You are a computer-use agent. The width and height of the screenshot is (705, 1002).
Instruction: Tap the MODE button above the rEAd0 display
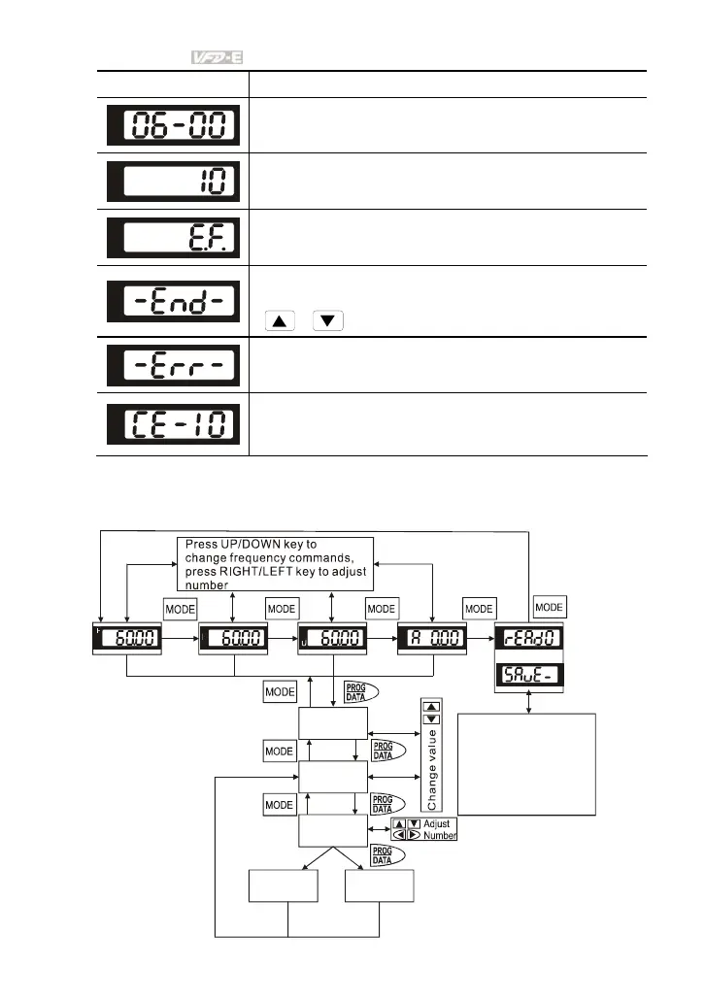550,607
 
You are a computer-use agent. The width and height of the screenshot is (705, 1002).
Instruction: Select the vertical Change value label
430,767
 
